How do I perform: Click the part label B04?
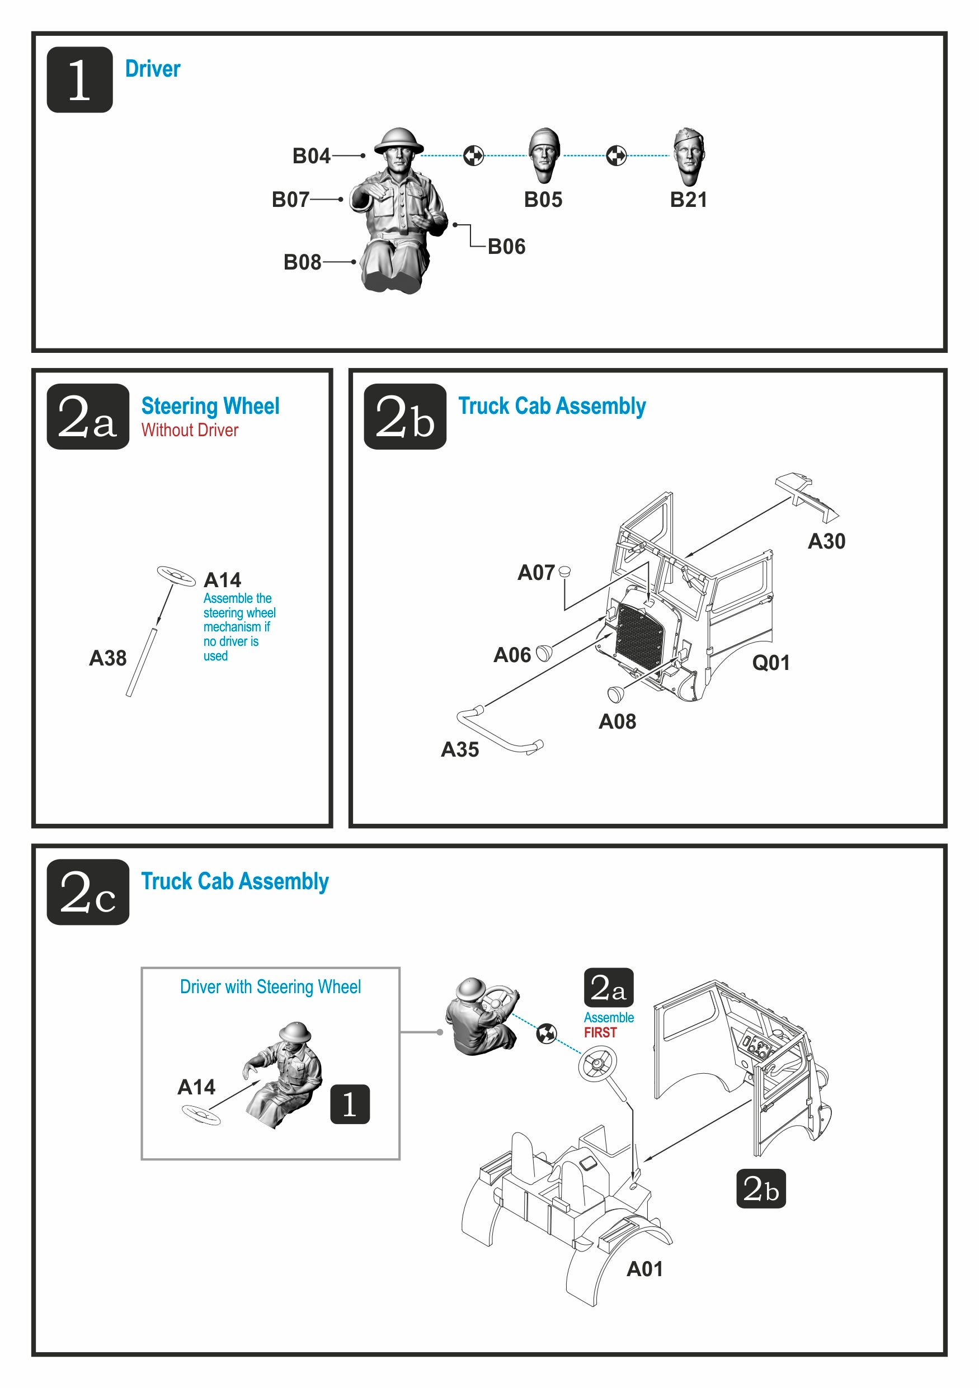click(x=311, y=156)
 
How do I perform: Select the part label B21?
click(x=688, y=200)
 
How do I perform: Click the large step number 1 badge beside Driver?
click(x=79, y=80)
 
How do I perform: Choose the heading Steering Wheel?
click(x=210, y=405)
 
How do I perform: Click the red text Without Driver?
click(x=189, y=431)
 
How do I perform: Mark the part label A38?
click(x=107, y=658)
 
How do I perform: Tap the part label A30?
click(x=826, y=541)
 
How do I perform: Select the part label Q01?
click(x=770, y=663)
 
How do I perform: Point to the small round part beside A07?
click(x=565, y=570)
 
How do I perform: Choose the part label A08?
click(x=617, y=721)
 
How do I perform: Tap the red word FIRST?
click(x=600, y=1032)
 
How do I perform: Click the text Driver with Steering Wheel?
click(x=270, y=987)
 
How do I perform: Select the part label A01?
click(x=644, y=1269)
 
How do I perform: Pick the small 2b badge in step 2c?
click(x=761, y=1188)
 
